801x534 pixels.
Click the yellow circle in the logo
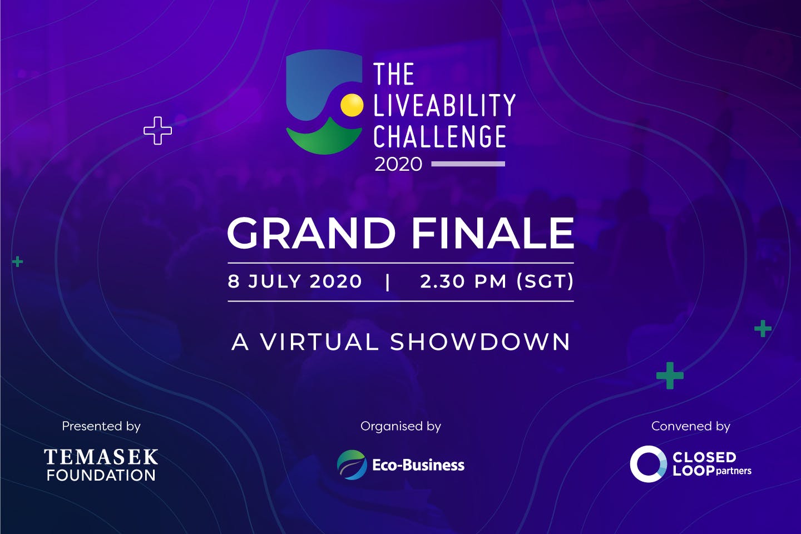click(352, 105)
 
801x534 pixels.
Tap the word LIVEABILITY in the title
click(444, 105)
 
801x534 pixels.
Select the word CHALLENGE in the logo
click(439, 137)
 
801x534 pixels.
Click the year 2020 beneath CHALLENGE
click(398, 164)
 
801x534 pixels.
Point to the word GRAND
click(311, 233)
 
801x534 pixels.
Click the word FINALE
click(492, 233)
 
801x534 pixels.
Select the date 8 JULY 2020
click(295, 281)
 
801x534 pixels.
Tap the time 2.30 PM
click(463, 281)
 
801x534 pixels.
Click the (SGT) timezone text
click(545, 281)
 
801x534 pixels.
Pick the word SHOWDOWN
click(480, 342)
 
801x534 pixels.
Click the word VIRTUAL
click(320, 342)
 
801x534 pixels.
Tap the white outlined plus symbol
click(157, 131)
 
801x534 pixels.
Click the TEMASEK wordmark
click(101, 457)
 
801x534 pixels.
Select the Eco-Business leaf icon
click(352, 464)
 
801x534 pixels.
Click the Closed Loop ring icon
click(648, 464)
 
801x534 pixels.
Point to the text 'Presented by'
click(101, 426)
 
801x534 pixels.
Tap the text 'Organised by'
click(400, 426)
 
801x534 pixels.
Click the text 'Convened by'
click(690, 426)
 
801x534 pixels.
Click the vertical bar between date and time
click(388, 281)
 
